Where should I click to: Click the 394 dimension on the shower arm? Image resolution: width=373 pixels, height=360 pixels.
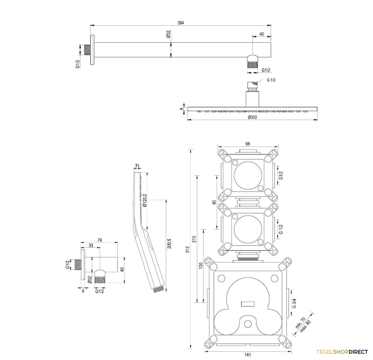180,23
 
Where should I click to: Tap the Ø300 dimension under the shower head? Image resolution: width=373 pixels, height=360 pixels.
252,117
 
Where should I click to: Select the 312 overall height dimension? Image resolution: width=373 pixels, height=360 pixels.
188,249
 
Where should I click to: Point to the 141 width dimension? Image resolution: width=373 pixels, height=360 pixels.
247,355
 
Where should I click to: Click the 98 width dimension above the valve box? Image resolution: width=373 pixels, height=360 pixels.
247,144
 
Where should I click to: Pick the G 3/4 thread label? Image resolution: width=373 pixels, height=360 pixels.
294,303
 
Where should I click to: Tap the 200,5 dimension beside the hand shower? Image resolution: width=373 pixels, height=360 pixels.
169,244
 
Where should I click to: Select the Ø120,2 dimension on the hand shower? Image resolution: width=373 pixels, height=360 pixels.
145,200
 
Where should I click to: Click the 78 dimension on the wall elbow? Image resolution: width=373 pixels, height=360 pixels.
99,240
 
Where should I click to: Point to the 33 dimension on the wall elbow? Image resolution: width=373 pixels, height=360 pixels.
91,245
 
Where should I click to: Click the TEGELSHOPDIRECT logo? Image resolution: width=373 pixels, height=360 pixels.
342,352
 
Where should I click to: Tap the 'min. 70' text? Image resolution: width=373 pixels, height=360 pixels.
300,323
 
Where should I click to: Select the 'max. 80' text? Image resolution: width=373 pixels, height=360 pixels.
305,326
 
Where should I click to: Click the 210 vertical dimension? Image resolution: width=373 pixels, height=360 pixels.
194,239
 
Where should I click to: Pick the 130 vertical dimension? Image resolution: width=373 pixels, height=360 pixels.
200,265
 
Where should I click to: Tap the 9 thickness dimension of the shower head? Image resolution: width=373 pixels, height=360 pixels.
181,109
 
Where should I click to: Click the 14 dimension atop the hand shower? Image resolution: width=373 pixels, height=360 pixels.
137,165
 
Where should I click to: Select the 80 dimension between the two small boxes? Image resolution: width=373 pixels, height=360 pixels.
214,202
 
